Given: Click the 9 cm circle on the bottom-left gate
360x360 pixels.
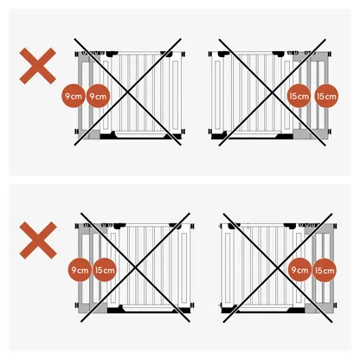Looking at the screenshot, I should (x=80, y=271).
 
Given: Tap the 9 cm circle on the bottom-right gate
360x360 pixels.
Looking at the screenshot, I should (x=299, y=271).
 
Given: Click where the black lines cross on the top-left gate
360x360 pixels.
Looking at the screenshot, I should (x=130, y=89).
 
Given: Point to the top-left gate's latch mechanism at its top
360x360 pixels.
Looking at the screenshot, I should (x=97, y=54).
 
